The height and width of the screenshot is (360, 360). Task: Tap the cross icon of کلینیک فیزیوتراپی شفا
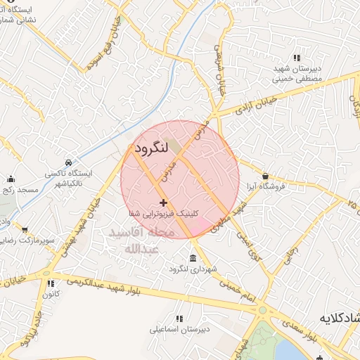(163, 202)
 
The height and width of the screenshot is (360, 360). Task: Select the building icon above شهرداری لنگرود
(193, 257)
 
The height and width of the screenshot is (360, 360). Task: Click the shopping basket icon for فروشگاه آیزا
(265, 176)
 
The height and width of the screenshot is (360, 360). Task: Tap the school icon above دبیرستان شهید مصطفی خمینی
(297, 58)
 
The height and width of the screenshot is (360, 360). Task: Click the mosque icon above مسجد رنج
(11, 179)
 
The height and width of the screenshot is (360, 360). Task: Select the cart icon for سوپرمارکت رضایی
(25, 230)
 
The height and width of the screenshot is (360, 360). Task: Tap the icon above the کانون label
(50, 283)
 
